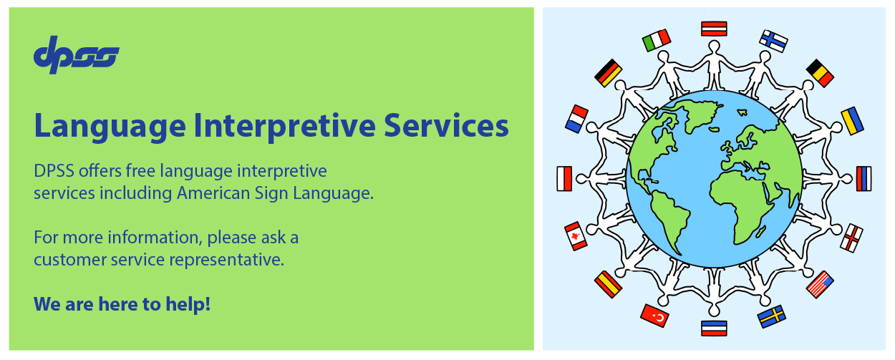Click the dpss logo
click(x=77, y=54)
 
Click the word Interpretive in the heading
click(x=284, y=126)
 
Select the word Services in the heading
click(x=446, y=125)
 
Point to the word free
click(x=140, y=170)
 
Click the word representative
click(x=226, y=260)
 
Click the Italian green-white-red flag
click(x=657, y=40)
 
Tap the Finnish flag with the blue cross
click(x=773, y=41)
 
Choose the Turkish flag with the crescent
click(x=654, y=316)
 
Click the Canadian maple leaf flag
click(x=576, y=236)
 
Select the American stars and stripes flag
click(x=820, y=284)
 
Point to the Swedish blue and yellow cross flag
click(x=772, y=316)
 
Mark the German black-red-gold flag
click(x=608, y=73)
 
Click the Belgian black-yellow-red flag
click(x=820, y=73)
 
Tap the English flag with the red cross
click(x=851, y=238)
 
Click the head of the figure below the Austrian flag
click(x=714, y=47)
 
